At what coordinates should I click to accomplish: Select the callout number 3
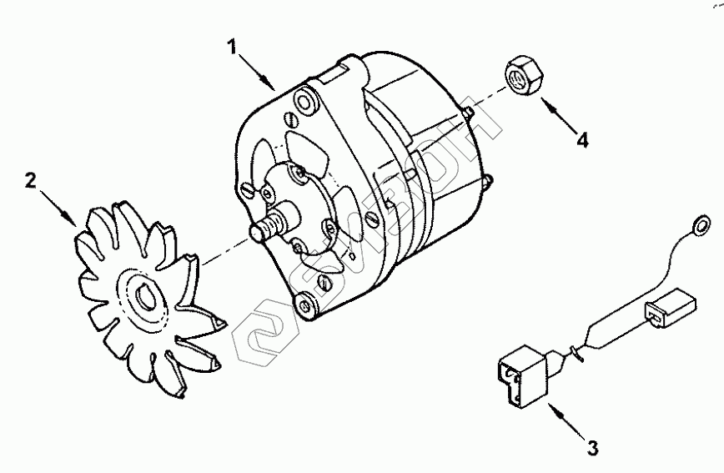click(x=591, y=448)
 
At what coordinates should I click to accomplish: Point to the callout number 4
click(x=581, y=139)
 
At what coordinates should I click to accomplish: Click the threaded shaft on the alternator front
click(x=264, y=228)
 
